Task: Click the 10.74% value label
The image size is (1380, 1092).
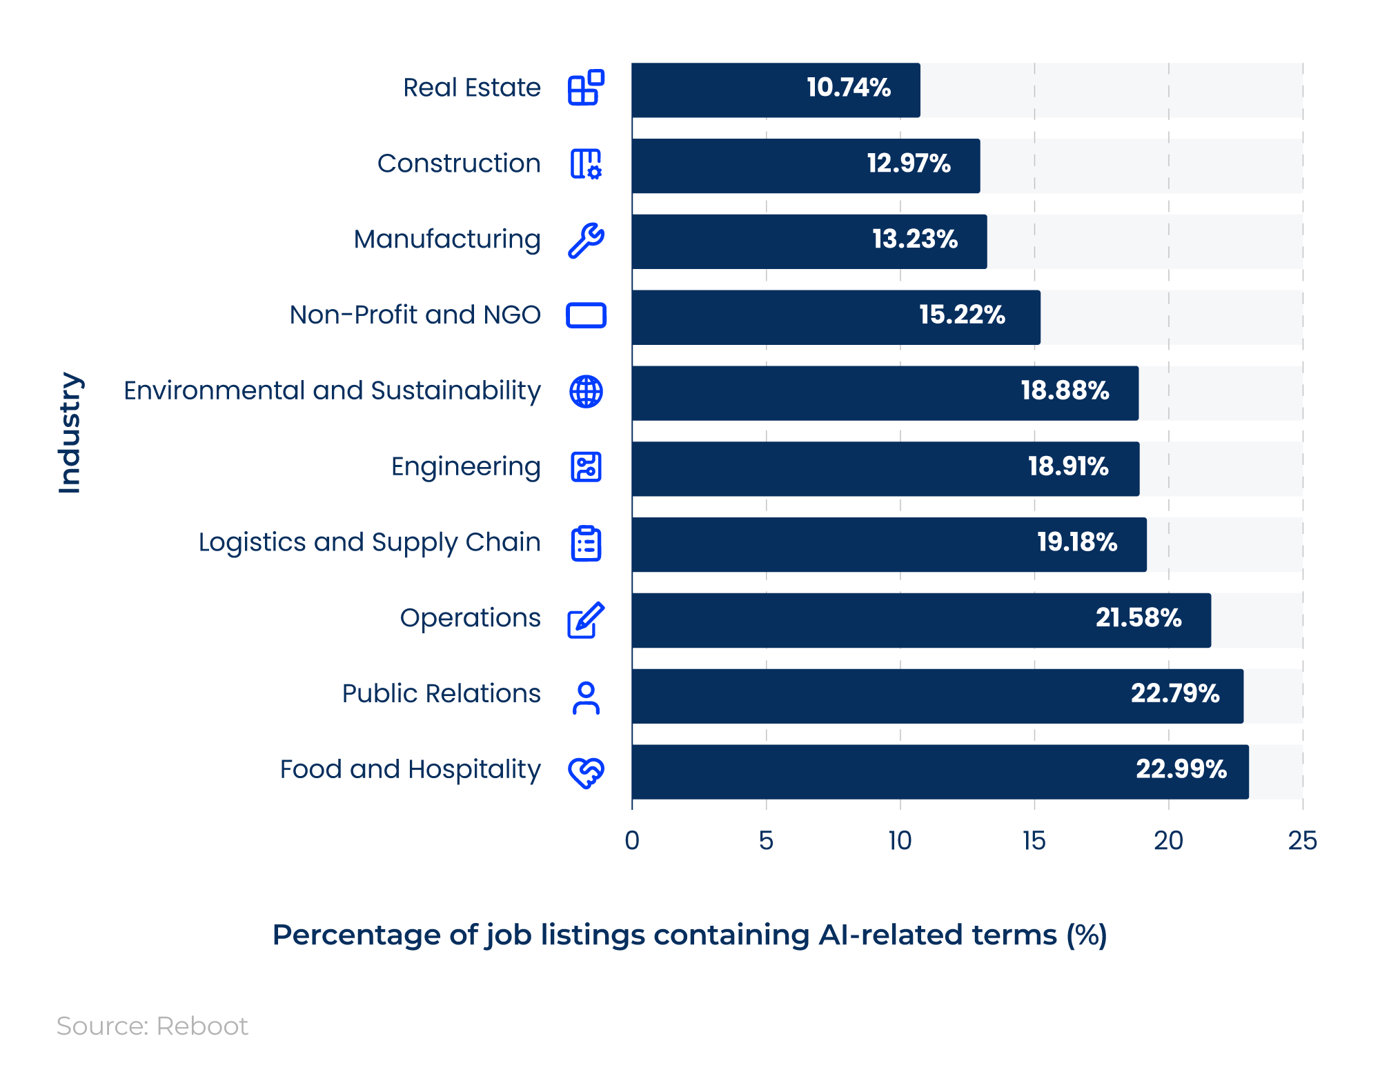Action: coord(848,88)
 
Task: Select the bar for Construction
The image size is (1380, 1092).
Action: coord(805,166)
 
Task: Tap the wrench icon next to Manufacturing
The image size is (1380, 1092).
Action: coord(586,240)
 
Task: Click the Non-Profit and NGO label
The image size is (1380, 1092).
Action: coord(415,315)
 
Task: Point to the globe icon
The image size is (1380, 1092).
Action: coord(586,392)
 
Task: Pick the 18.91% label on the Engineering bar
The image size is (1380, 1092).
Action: coord(1067,467)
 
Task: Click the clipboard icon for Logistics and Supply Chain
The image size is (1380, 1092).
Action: coord(586,544)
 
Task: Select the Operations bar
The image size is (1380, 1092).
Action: coord(920,620)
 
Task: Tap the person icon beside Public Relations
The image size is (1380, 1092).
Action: coord(586,697)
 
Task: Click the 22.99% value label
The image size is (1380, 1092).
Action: coord(1181,769)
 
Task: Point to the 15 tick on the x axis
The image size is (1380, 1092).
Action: coord(1034,840)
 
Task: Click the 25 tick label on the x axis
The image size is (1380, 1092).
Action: coord(1302,840)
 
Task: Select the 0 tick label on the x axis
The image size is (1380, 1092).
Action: coord(631,840)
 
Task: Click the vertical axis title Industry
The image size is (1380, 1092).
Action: coord(70,433)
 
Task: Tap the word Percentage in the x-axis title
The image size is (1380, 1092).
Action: coord(356,935)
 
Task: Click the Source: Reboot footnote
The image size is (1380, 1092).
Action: coord(152,1026)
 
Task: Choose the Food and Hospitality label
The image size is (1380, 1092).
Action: coord(410,769)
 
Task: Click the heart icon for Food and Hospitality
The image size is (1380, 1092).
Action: coord(586,772)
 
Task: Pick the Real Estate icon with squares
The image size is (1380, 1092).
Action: coord(586,88)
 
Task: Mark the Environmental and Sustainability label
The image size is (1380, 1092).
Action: coord(332,391)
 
